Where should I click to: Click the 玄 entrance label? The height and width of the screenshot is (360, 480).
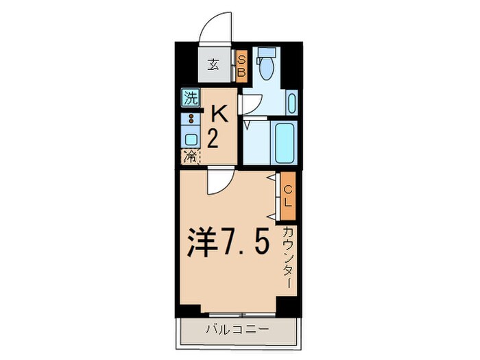click(213, 66)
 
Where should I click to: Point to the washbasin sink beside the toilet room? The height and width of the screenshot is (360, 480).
click(291, 105)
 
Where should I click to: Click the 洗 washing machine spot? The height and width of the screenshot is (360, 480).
click(190, 98)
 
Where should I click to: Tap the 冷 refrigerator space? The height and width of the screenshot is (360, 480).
click(189, 156)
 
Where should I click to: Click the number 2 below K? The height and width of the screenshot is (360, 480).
click(213, 139)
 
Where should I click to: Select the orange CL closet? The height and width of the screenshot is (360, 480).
click(288, 196)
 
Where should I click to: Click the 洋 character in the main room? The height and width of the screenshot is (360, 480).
click(202, 243)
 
